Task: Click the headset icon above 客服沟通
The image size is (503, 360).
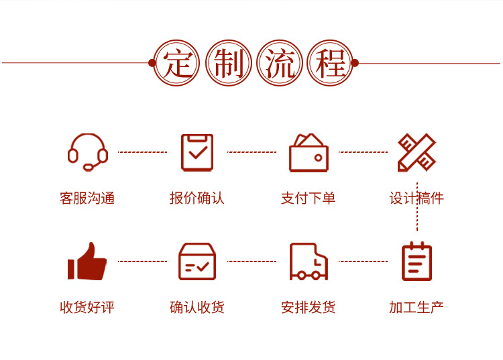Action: tap(88, 152)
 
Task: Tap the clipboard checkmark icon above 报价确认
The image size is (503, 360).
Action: tap(197, 152)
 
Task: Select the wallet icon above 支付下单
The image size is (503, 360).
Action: tap(309, 154)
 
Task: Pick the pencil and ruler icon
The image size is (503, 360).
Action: tap(416, 152)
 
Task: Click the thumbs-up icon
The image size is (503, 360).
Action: tap(87, 261)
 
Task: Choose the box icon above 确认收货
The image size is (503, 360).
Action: tap(197, 261)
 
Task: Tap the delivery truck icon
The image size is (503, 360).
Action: tap(309, 261)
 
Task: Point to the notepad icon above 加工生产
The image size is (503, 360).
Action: tap(416, 261)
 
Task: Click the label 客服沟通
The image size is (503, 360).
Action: tap(87, 198)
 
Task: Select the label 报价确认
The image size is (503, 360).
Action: tap(197, 198)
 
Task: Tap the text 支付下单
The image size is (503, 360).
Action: tap(309, 198)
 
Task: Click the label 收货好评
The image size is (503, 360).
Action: tap(87, 308)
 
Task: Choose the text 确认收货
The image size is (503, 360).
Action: tap(197, 308)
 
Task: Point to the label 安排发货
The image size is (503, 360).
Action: tap(309, 308)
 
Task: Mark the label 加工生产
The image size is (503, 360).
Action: tap(416, 308)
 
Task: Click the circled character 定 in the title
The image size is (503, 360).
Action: tap(176, 64)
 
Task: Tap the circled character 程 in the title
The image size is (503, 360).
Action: tap(330, 64)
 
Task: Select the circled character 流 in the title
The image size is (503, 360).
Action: tap(279, 64)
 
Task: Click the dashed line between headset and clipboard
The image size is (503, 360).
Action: tap(143, 152)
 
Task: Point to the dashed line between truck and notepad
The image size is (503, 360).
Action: tap(363, 261)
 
